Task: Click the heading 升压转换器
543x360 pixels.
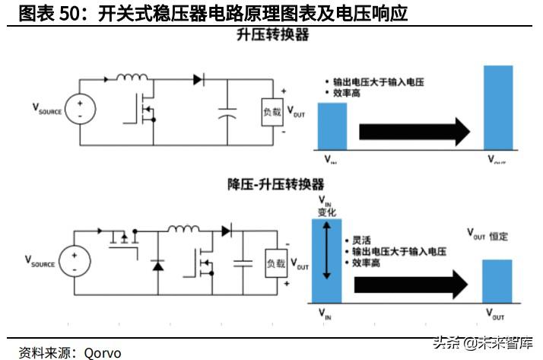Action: tap(271, 35)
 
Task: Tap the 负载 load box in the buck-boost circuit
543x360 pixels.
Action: tap(275, 263)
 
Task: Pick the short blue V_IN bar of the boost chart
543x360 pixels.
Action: tap(332, 126)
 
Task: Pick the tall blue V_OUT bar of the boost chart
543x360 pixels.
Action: tap(498, 107)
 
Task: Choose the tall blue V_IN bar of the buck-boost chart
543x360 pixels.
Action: tap(325, 261)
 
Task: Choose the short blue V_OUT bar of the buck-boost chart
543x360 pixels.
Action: tap(497, 281)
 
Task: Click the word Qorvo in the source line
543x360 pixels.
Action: tap(103, 352)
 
